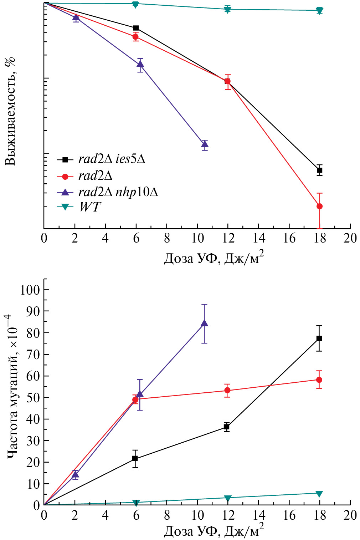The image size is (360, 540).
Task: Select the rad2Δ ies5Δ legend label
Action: [112, 159]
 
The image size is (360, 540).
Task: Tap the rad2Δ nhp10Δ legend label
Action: [118, 192]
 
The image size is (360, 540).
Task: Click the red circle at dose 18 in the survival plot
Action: [319, 206]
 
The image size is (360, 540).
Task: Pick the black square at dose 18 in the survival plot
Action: [319, 170]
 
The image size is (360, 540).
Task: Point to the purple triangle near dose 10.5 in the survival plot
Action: [205, 144]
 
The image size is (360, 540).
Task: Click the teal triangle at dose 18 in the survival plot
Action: [319, 10]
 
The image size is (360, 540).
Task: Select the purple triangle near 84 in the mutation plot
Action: [204, 323]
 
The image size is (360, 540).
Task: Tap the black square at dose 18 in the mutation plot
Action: [319, 338]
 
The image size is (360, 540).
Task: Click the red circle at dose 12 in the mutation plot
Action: [227, 390]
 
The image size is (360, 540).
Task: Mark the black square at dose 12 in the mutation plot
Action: [226, 427]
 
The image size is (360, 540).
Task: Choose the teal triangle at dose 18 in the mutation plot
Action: [319, 494]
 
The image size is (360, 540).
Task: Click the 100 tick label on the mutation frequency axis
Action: [30, 289]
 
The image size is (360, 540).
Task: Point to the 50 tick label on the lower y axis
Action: [33, 397]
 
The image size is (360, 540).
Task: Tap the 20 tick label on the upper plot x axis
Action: [350, 238]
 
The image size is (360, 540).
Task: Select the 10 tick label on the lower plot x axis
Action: [197, 515]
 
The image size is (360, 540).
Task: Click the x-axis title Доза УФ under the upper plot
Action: [214, 258]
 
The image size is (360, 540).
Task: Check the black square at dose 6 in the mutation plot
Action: [135, 458]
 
